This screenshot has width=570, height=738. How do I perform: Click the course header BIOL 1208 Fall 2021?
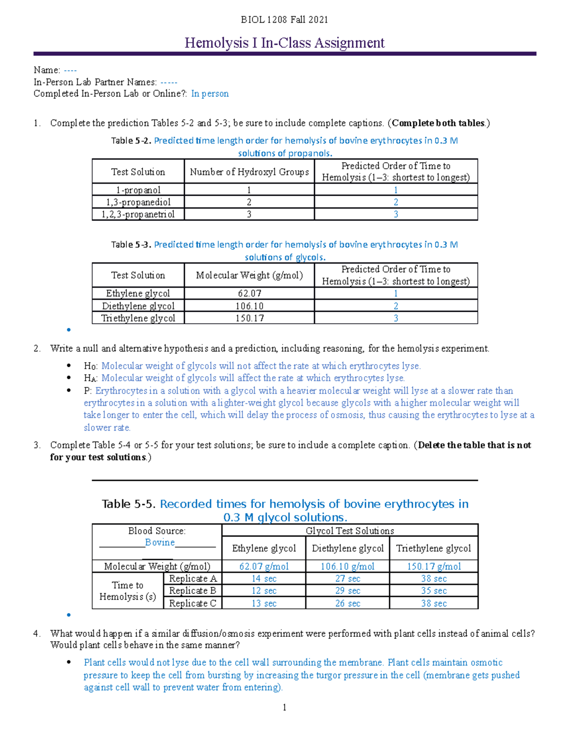284,19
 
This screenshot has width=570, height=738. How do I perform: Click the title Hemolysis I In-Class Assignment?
284,43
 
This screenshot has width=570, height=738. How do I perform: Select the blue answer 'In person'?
209,94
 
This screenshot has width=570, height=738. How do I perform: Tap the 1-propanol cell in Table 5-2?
138,190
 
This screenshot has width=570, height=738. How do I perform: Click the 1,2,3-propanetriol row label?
138,214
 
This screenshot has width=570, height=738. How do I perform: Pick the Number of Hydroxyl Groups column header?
249,172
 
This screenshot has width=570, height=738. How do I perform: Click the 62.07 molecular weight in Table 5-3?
249,294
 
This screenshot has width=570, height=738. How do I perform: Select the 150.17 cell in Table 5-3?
249,318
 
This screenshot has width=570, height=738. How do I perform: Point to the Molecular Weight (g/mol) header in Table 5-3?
249,275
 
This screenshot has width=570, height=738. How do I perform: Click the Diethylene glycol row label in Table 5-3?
138,306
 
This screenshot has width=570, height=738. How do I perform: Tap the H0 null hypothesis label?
91,366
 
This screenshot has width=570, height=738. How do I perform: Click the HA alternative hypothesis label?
91,378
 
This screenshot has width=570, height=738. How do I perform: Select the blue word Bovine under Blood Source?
160,543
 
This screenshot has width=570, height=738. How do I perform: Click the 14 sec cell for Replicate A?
264,579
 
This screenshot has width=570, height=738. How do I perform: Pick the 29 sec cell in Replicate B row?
347,591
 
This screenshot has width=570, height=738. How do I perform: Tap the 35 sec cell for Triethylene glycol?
434,591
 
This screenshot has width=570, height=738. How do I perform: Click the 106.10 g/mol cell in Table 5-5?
347,566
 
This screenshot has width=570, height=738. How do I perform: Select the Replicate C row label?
192,604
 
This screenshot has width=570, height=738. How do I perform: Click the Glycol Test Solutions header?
350,531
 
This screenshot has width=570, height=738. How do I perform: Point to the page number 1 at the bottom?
284,708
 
